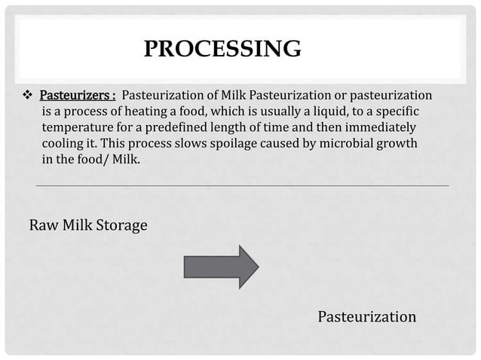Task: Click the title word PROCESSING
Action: coord(222,50)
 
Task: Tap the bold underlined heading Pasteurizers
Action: coord(76,96)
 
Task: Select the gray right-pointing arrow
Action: coord(221,266)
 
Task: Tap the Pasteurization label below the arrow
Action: coord(366,316)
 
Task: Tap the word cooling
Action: coord(63,144)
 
